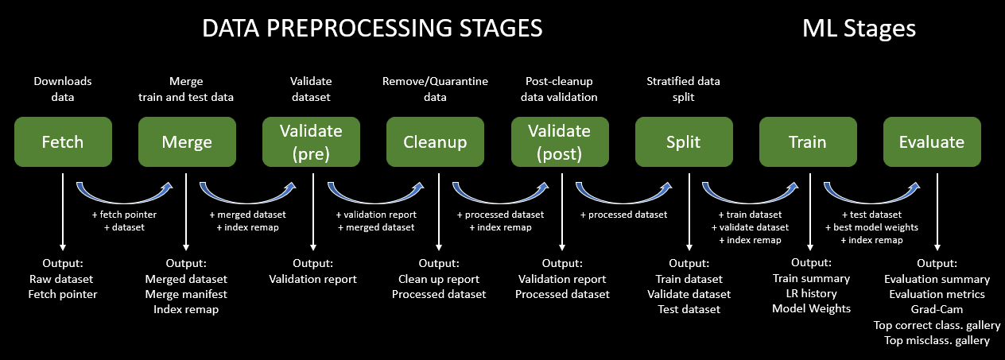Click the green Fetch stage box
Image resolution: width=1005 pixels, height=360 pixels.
[x=63, y=142]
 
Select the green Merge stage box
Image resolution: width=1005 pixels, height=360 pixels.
[x=187, y=142]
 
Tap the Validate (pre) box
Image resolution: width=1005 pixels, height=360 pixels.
[x=311, y=142]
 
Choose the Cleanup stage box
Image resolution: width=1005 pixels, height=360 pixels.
[x=435, y=142]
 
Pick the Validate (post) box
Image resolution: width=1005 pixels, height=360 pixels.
[x=559, y=142]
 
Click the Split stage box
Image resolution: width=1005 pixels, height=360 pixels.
[x=684, y=142]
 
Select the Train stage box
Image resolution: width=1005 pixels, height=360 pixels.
[x=808, y=142]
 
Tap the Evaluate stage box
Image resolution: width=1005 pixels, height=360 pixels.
[x=932, y=142]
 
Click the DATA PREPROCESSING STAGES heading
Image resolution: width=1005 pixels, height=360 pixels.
[x=372, y=29]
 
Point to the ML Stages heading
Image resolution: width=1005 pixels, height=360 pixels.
[x=859, y=29]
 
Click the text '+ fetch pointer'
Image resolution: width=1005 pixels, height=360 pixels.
[x=124, y=215]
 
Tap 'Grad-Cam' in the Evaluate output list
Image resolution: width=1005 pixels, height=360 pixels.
[x=937, y=310]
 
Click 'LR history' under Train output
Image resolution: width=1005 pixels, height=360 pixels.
[x=811, y=293]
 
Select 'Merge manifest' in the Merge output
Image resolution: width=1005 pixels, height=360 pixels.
[x=186, y=294]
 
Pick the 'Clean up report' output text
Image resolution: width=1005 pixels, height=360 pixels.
[x=439, y=279]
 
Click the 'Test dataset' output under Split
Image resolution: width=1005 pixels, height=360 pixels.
[x=689, y=309]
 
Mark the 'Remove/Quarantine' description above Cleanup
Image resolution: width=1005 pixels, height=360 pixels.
[x=435, y=81]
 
